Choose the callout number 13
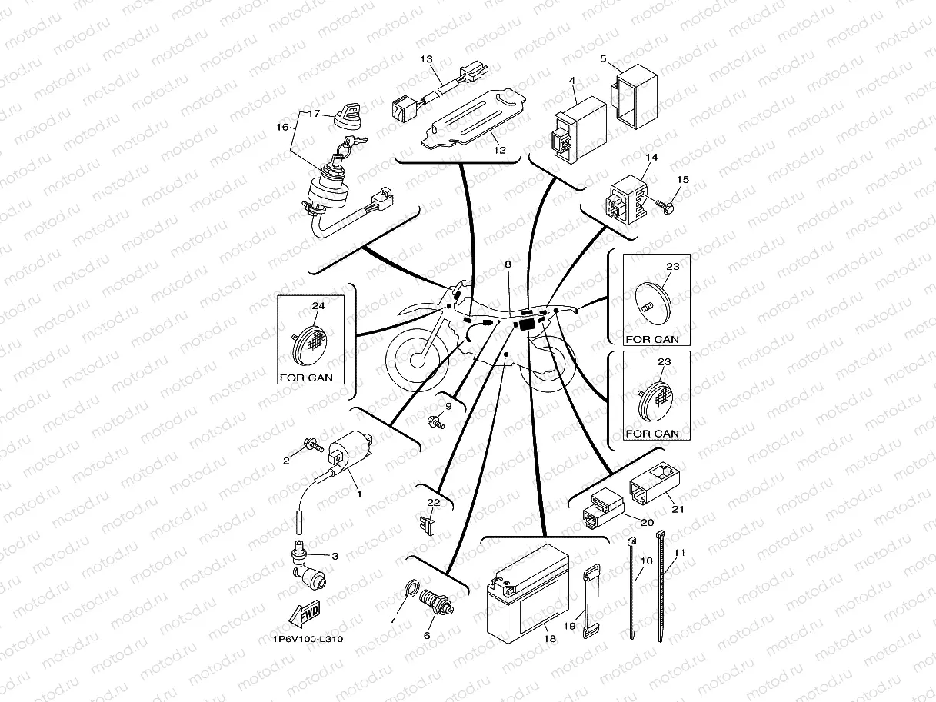427,59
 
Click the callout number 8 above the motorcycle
508,264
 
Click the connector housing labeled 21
654,481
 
